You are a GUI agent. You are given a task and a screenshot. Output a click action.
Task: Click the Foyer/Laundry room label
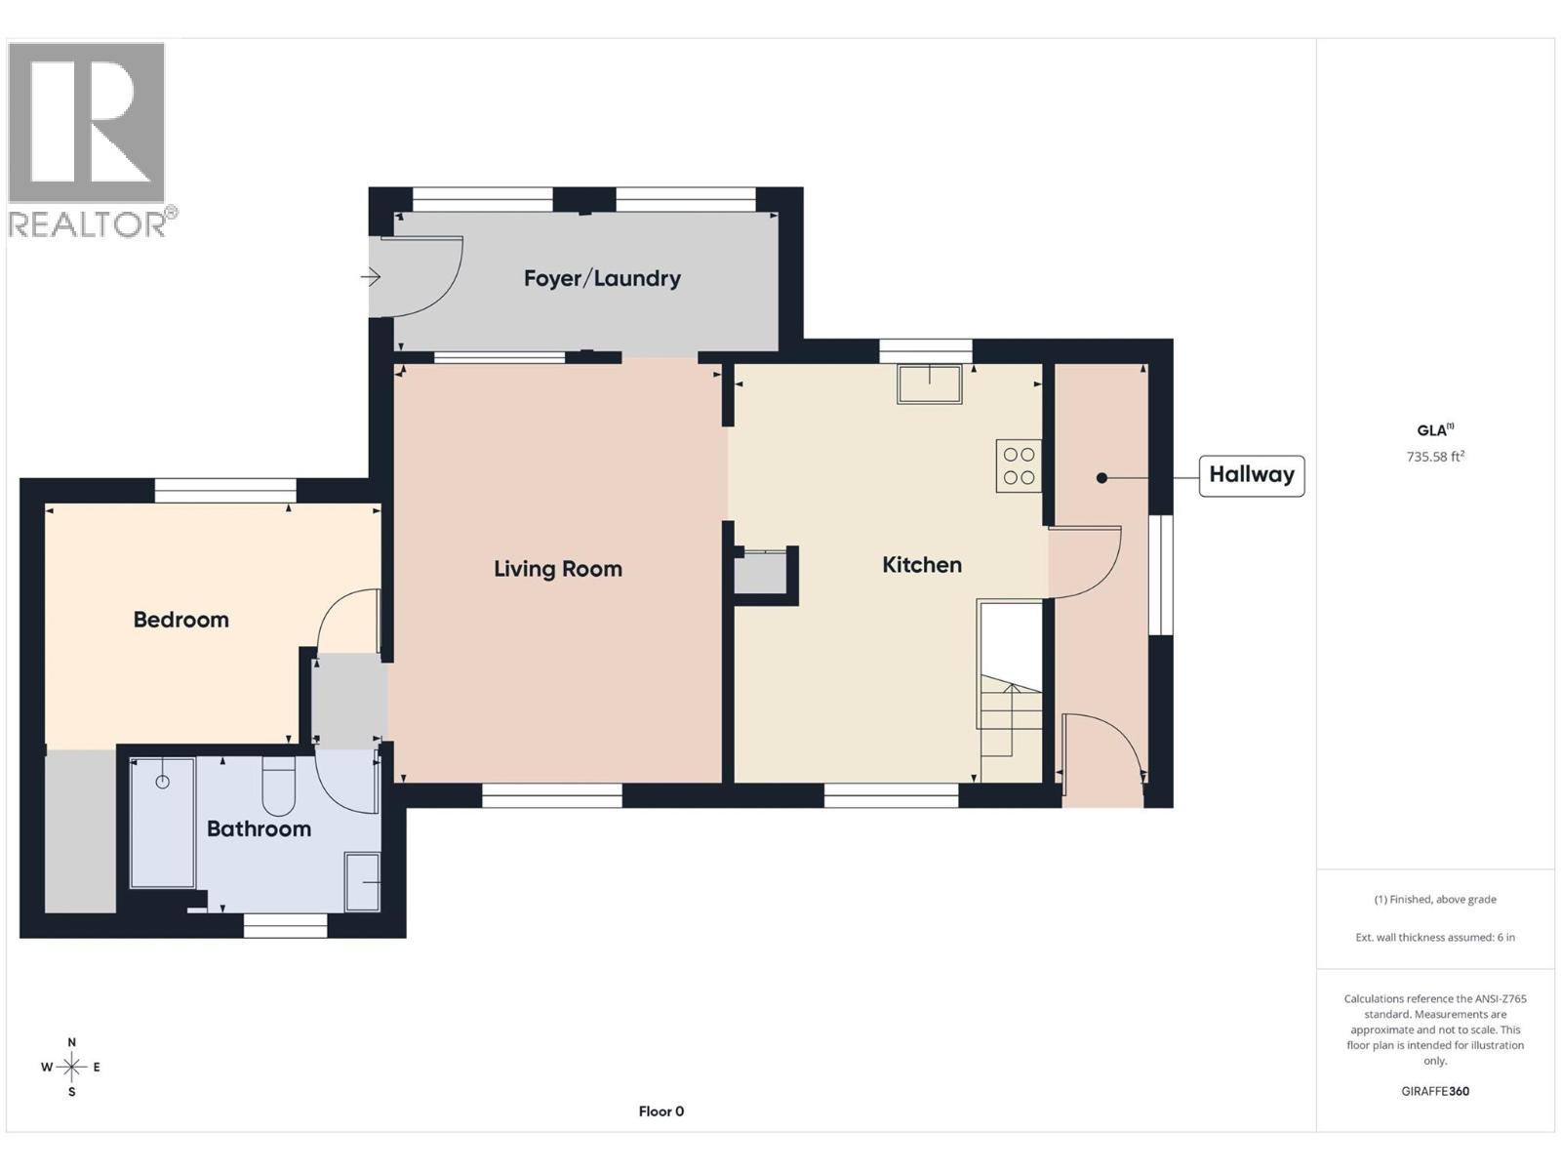click(x=602, y=279)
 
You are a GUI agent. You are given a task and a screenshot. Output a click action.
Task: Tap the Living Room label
click(x=557, y=569)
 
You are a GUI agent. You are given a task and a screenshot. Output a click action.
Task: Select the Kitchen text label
click(x=921, y=565)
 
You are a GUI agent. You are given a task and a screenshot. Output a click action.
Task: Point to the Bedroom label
click(x=180, y=620)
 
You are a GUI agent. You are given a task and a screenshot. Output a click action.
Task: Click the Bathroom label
click(x=259, y=829)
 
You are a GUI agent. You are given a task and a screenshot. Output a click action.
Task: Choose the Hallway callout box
click(x=1251, y=475)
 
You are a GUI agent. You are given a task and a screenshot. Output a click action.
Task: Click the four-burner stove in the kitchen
click(x=1019, y=466)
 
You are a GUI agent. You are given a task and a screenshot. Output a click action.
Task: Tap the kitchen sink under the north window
click(x=930, y=384)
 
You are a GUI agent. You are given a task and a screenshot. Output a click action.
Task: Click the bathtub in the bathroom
click(x=163, y=823)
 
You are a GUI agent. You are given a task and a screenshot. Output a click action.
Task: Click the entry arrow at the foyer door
click(x=370, y=277)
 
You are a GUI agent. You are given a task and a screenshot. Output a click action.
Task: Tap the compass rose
click(x=71, y=1067)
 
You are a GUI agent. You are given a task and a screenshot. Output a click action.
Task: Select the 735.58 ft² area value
click(x=1435, y=457)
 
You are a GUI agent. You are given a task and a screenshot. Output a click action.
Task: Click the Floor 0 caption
click(x=660, y=1111)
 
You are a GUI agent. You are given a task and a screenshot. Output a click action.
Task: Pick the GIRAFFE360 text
click(x=1435, y=1091)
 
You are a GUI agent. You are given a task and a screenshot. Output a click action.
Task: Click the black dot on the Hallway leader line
click(x=1101, y=478)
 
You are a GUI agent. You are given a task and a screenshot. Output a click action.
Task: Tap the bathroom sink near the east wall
click(x=363, y=882)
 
